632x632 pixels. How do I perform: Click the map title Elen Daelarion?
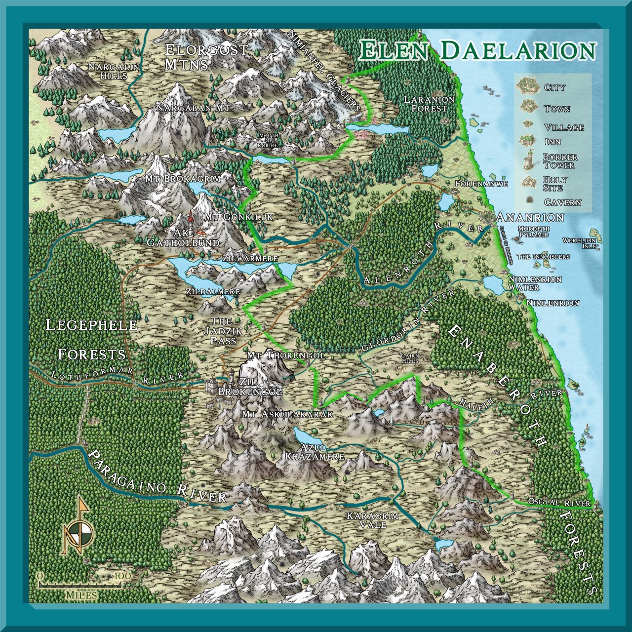click(478, 50)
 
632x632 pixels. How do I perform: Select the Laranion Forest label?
click(429, 104)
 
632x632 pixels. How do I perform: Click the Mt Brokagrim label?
click(183, 178)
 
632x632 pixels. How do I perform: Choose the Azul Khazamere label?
click(314, 452)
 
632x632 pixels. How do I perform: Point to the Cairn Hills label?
click(409, 358)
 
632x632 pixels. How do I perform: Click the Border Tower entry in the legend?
click(559, 161)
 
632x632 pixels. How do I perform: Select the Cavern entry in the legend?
click(562, 202)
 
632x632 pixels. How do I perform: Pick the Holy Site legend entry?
click(555, 183)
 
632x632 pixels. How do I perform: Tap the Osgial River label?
click(559, 503)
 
